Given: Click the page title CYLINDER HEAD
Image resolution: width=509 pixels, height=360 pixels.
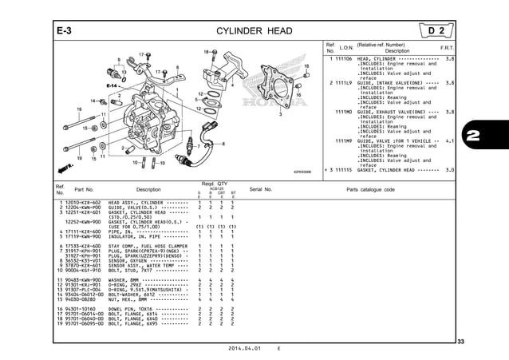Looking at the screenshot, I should [x=254, y=31].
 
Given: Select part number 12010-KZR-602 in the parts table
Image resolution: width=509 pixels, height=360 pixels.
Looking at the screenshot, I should [x=81, y=203].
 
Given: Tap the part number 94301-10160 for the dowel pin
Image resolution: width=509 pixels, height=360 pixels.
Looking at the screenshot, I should [x=81, y=307].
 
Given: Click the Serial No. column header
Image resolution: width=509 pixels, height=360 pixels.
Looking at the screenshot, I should [x=262, y=190].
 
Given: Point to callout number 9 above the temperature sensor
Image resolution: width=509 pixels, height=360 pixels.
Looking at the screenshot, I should [x=118, y=60].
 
